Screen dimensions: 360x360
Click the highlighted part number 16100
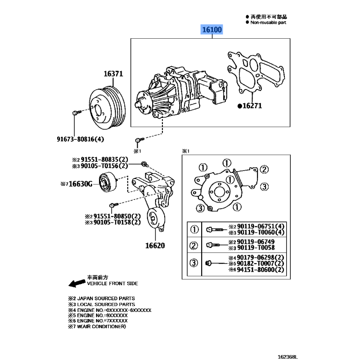tap(211, 30)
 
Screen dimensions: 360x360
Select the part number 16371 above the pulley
tap(113, 74)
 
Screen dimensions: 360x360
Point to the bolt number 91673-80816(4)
tap(81, 139)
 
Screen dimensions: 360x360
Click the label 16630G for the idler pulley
tap(81, 184)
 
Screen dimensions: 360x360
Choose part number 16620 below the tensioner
tap(155, 246)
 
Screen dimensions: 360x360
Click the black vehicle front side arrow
tap(76, 283)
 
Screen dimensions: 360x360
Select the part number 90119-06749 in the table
tap(256, 242)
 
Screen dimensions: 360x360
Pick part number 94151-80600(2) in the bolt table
tap(261, 270)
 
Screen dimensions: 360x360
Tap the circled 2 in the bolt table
tap(193, 245)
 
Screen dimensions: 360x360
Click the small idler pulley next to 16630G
tap(108, 182)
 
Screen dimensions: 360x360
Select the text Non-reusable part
tap(268, 22)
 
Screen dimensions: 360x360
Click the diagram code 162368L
tap(288, 357)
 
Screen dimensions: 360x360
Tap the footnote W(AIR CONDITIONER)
tap(101, 327)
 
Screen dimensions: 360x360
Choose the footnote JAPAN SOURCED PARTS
tap(106, 298)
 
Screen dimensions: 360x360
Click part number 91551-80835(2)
tap(104, 160)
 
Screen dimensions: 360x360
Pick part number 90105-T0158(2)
tap(117, 222)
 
